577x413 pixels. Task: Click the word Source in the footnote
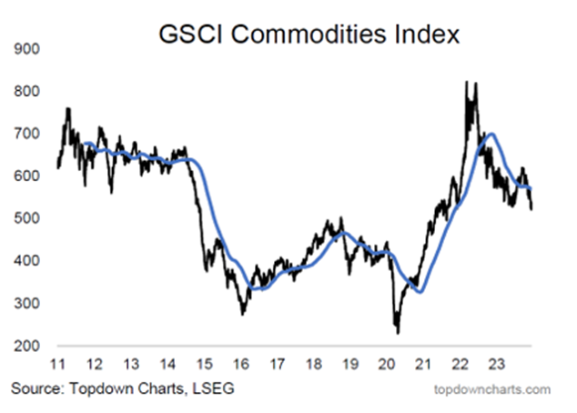[34, 389]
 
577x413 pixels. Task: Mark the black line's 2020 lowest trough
[399, 332]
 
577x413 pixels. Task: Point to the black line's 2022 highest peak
[469, 83]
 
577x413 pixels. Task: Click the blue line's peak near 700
[492, 134]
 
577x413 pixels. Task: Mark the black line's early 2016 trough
[243, 314]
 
